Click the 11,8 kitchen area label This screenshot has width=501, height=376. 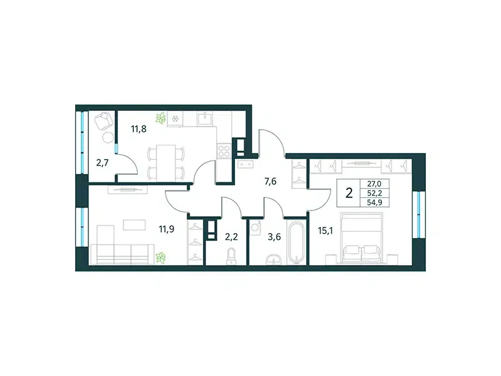[138, 129]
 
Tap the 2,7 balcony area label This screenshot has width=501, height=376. [103, 163]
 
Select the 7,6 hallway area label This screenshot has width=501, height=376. [271, 182]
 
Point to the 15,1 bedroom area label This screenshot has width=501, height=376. [325, 231]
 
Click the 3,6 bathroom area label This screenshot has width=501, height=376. [274, 237]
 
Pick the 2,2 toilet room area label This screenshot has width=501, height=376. [232, 237]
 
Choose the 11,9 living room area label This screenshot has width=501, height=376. [167, 229]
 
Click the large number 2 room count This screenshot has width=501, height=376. [349, 193]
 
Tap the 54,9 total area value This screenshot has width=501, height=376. [374, 202]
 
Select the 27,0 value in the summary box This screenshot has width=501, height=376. [374, 184]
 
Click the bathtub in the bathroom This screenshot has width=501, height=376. [296, 243]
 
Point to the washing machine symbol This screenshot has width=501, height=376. [256, 227]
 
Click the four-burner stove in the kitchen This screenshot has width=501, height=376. [224, 150]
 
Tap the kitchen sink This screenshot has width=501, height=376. [205, 118]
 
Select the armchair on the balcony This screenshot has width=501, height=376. [104, 121]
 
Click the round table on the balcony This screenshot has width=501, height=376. [108, 137]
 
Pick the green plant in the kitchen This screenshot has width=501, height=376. [161, 118]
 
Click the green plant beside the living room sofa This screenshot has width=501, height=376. [161, 258]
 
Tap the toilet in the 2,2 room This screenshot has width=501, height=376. [230, 256]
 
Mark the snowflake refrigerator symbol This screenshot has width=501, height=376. [175, 119]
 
